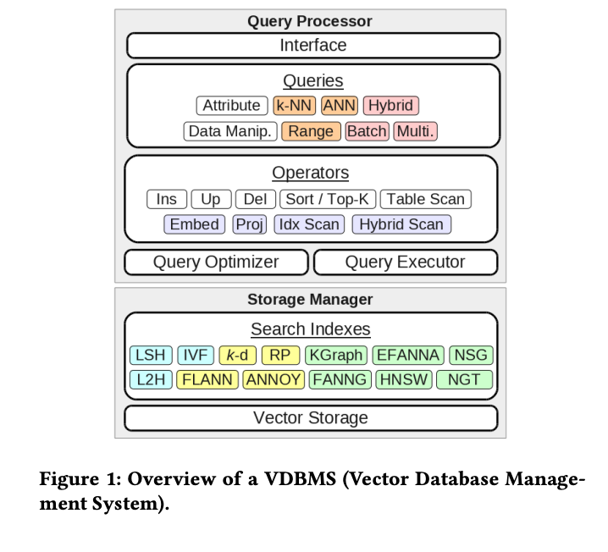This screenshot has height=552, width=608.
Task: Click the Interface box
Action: tap(312, 46)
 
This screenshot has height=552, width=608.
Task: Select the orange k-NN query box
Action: tap(294, 106)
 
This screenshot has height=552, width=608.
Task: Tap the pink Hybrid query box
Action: tap(390, 106)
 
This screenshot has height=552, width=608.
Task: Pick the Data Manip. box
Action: tap(230, 131)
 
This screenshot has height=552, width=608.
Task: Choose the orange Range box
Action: tap(311, 131)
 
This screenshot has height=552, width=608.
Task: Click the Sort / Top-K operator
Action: tap(328, 199)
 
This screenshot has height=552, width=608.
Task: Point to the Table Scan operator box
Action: tap(425, 199)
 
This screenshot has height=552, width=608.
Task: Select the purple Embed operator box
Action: tap(195, 224)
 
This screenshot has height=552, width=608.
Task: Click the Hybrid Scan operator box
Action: tap(401, 224)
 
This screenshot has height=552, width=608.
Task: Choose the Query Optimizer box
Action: tap(216, 262)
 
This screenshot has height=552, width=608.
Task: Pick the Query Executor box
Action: tap(405, 262)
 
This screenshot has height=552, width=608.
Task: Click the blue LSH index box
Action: tap(152, 356)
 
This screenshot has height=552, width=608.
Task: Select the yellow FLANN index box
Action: tap(208, 380)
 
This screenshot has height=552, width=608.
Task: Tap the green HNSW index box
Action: tap(403, 380)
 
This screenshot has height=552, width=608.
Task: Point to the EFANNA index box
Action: tap(408, 356)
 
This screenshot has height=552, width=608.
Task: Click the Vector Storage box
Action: tap(311, 418)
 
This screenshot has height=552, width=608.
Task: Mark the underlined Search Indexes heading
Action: tap(310, 330)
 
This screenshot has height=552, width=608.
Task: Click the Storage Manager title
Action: tap(310, 300)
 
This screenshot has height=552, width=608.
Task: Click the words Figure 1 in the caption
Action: tap(73, 479)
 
